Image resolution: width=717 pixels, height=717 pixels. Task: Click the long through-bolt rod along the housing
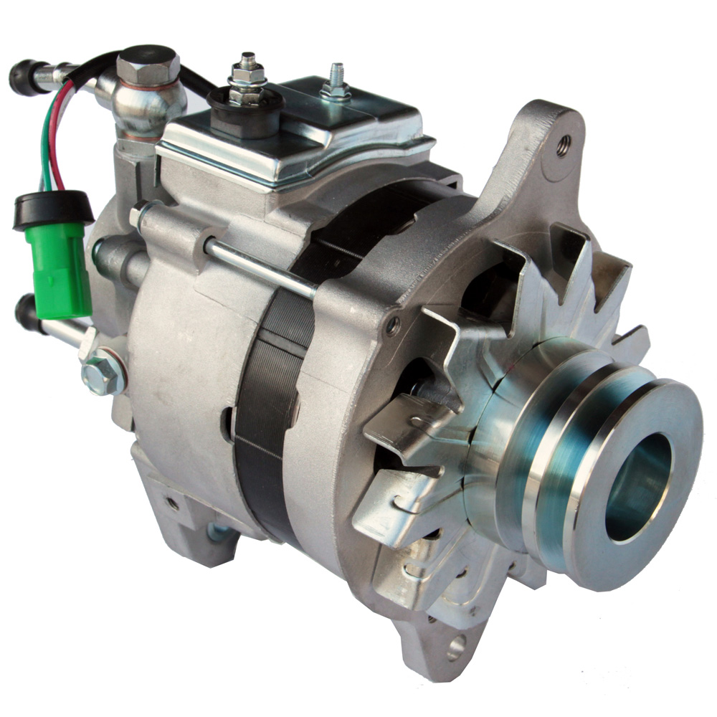coord(258,265)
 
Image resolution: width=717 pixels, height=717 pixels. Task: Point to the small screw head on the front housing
coord(392,326)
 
